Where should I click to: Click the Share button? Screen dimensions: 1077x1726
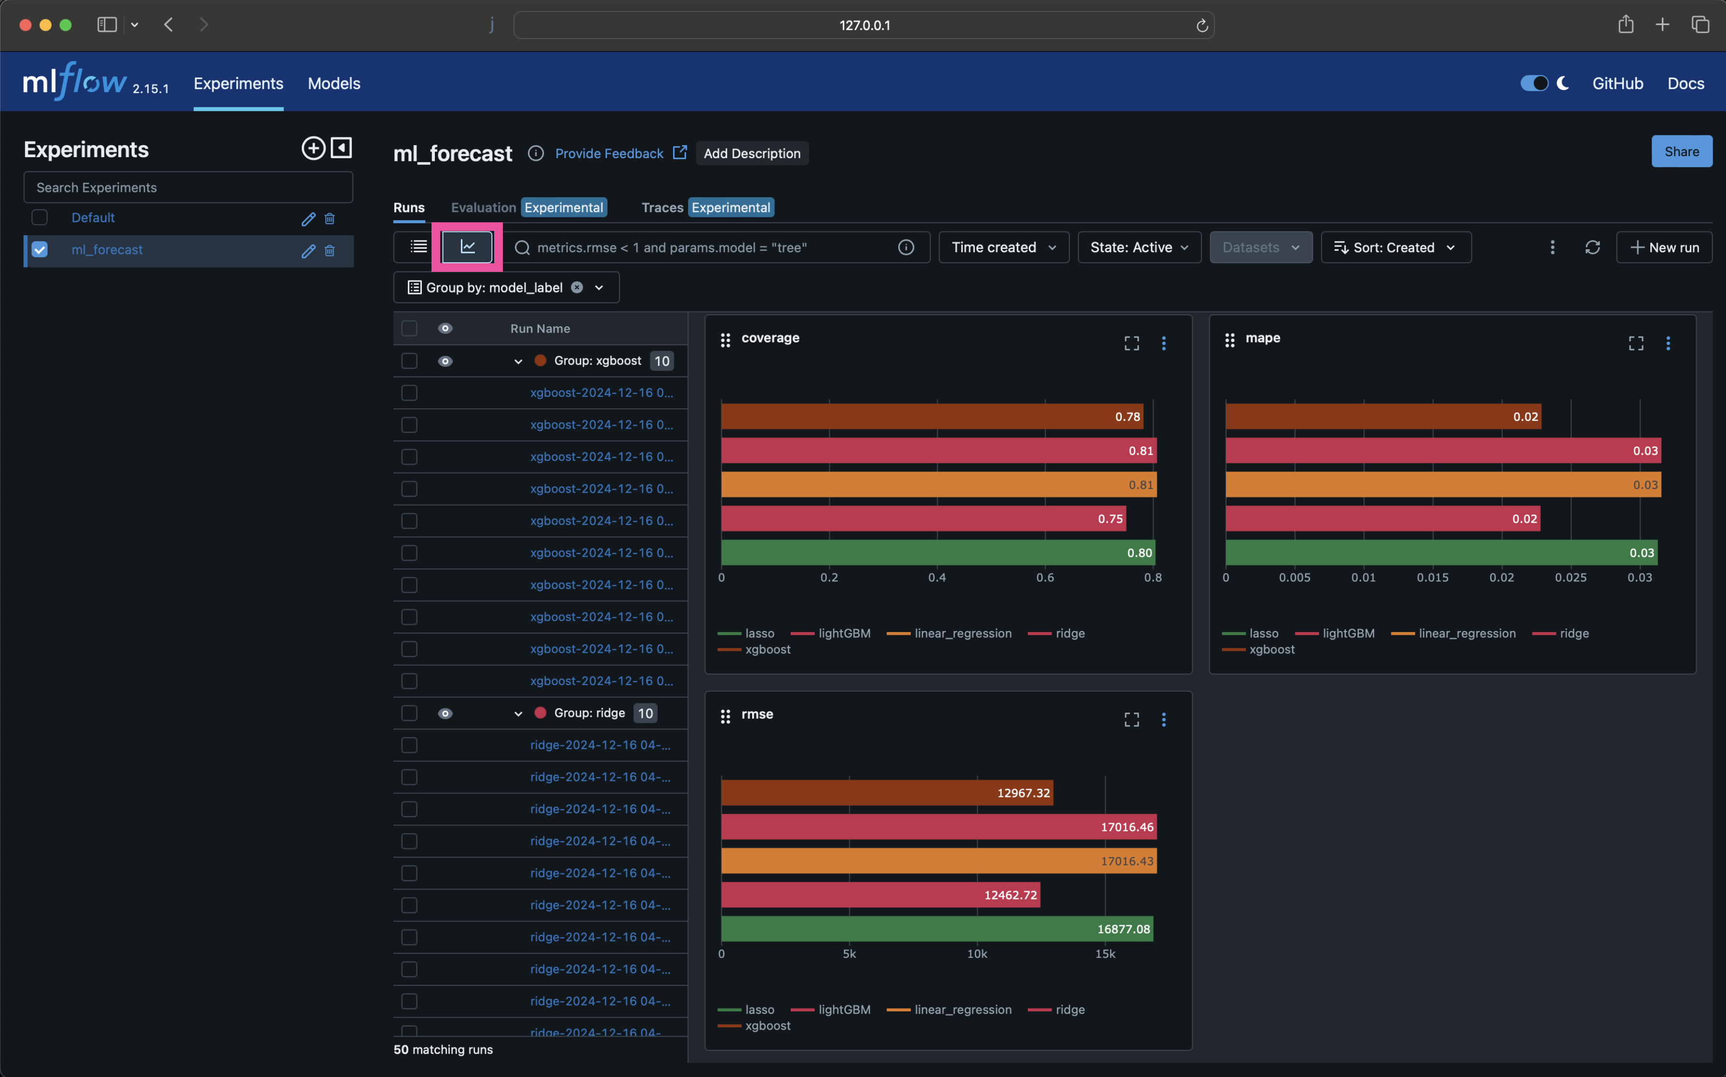(1681, 152)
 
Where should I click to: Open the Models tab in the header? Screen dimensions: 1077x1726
(333, 83)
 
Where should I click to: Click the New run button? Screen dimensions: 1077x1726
(1664, 247)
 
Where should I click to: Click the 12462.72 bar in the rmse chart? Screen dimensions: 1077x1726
(880, 895)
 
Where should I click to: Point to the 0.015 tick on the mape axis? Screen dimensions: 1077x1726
(1432, 578)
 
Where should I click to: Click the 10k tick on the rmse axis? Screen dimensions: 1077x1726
(977, 954)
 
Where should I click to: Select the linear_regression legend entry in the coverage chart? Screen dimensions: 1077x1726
(962, 633)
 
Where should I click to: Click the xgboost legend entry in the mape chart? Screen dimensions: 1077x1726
(1271, 649)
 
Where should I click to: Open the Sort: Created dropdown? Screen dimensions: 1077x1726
(1395, 247)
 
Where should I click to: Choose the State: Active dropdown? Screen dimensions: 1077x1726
(1138, 247)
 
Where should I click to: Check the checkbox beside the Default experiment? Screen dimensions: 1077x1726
(40, 217)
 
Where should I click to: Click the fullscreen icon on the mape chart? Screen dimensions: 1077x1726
(1635, 343)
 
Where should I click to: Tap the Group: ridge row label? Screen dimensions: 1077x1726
(589, 713)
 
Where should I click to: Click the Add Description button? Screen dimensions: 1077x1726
(752, 153)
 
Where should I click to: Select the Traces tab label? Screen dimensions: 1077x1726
(662, 207)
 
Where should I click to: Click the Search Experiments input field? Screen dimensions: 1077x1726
(188, 188)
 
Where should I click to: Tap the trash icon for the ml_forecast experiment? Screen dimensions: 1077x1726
(330, 250)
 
